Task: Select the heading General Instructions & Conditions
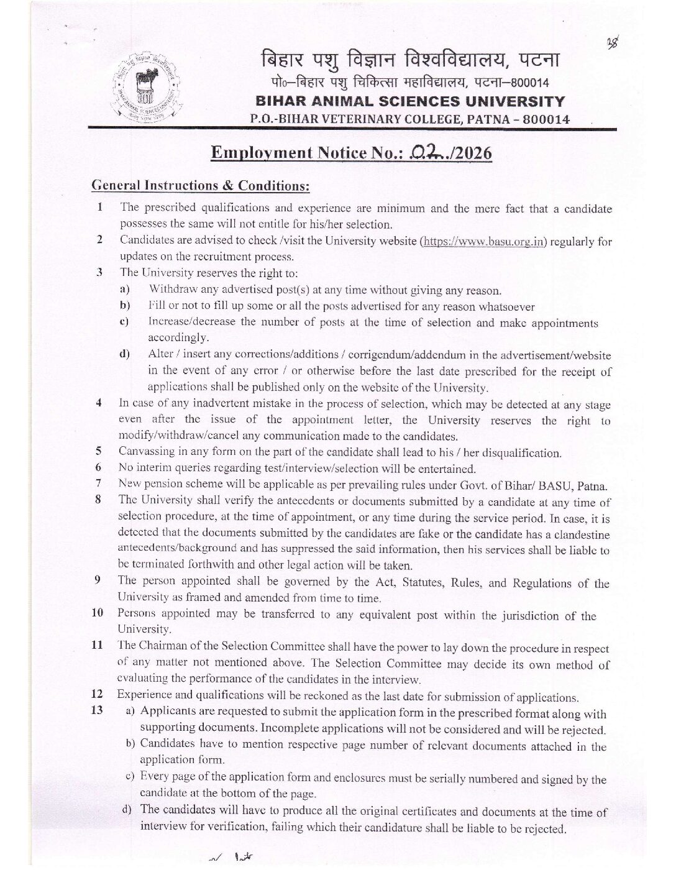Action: [x=200, y=185]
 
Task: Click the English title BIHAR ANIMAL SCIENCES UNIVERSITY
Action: [x=411, y=101]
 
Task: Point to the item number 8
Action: [x=98, y=501]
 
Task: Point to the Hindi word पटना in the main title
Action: [x=538, y=61]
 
